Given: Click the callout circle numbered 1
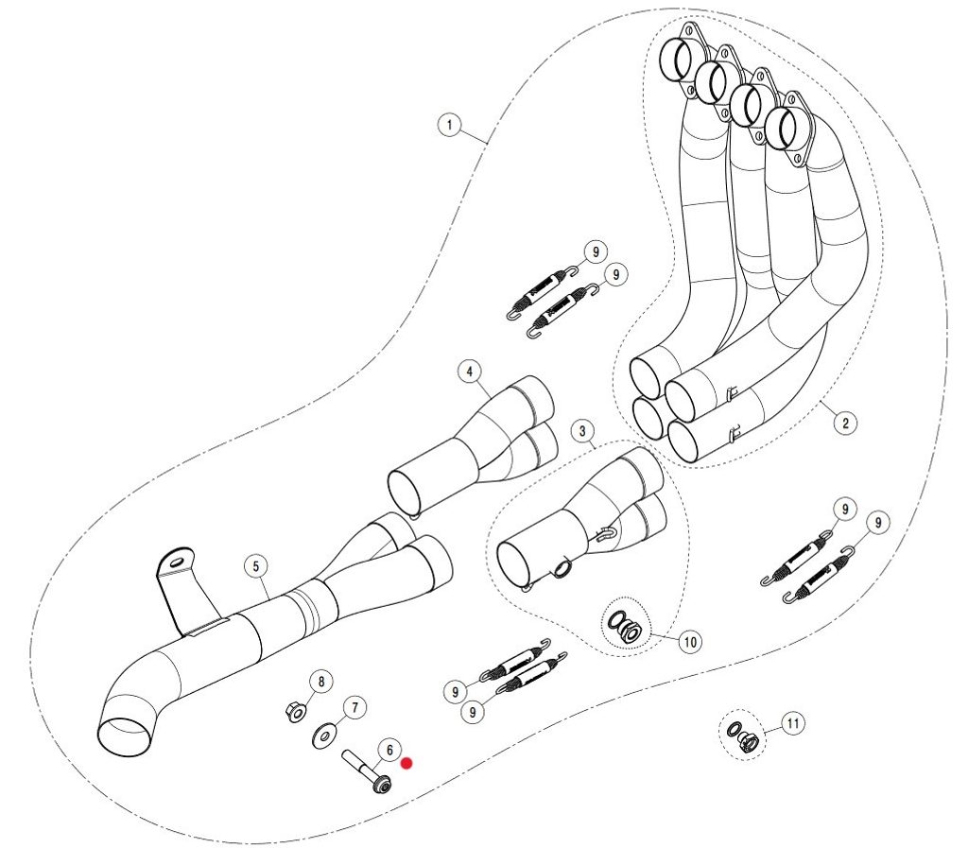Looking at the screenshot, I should point(450,124).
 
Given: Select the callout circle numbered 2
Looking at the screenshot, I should point(845,422).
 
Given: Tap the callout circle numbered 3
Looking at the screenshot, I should point(583,432).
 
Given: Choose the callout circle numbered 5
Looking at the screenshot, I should point(254,566).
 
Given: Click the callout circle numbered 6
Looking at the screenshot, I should point(388,751).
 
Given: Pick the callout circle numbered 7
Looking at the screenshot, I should point(354,706).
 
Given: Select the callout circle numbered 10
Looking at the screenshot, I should point(690,642).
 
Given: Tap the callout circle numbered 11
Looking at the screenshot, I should point(793,724).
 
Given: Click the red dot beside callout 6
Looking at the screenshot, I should point(407,762).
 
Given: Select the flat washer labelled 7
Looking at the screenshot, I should point(325,734).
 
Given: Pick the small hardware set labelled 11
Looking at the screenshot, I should point(742,736).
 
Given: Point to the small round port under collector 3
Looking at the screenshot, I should point(562,567).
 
